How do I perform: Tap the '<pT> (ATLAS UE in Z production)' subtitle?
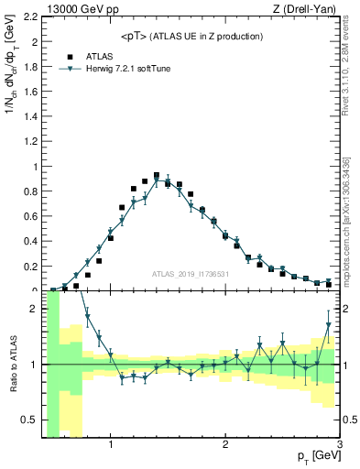(x=192, y=36)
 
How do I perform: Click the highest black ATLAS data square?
(x=157, y=175)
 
